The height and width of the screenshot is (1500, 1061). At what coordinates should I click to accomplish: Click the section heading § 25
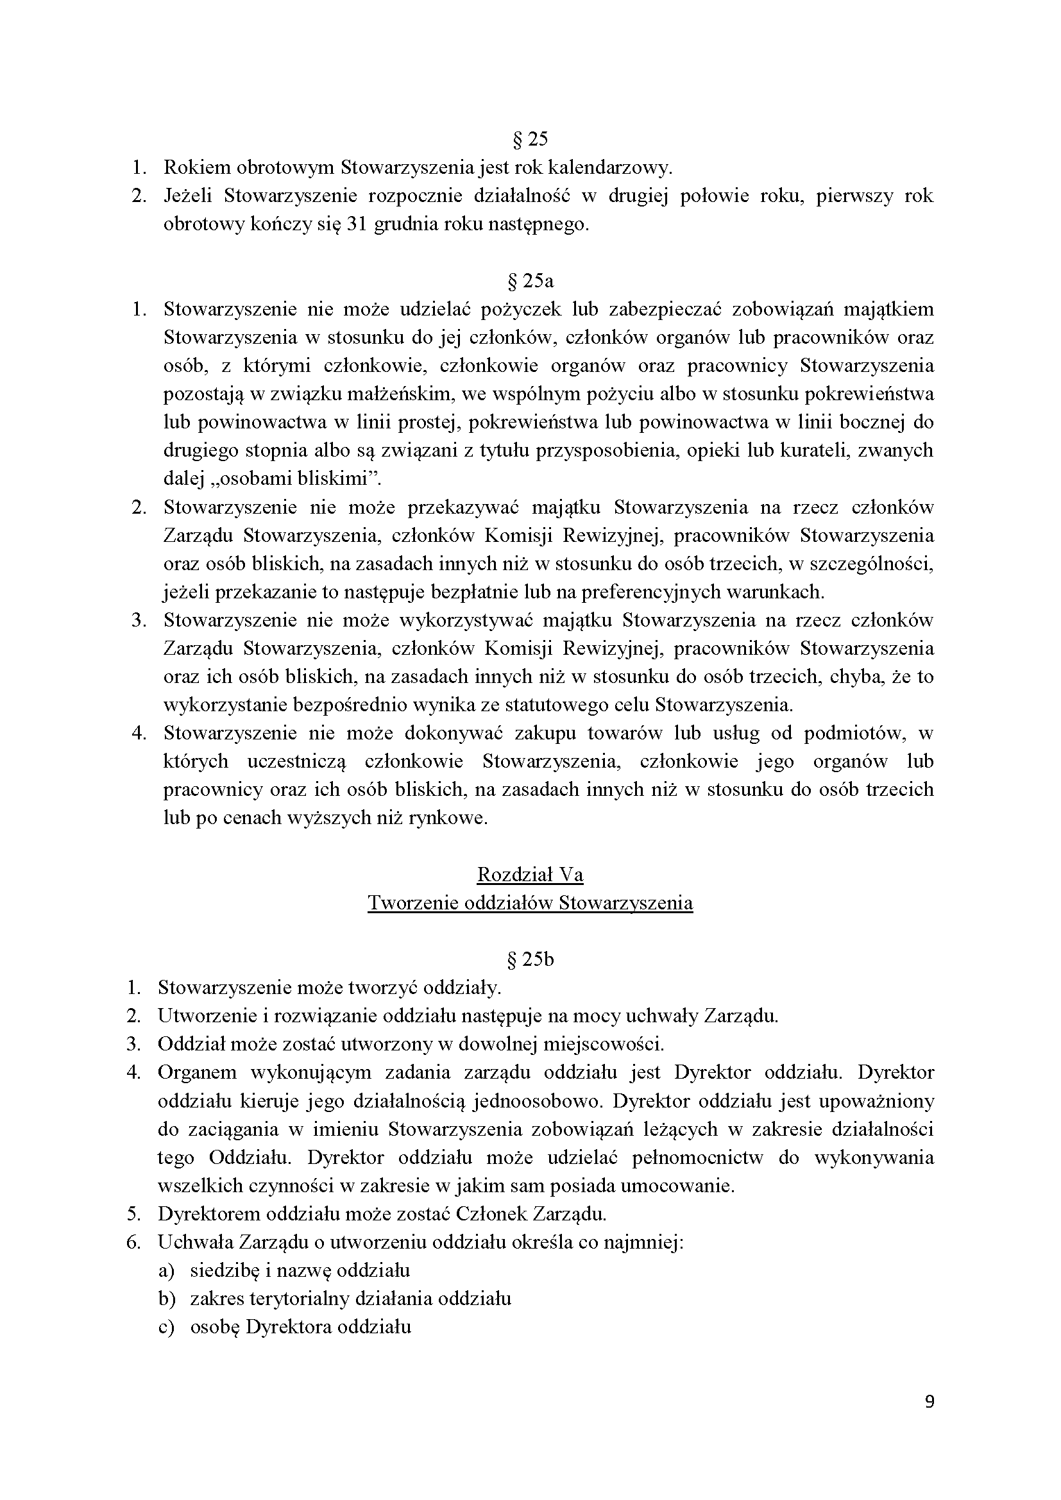coord(530,139)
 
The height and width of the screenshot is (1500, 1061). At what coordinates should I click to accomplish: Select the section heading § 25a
coord(530,281)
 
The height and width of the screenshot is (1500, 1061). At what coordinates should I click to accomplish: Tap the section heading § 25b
coord(530,960)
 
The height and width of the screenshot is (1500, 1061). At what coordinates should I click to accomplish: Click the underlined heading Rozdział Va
coord(530,875)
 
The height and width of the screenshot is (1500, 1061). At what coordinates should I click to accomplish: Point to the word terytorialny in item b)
coord(298,1299)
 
